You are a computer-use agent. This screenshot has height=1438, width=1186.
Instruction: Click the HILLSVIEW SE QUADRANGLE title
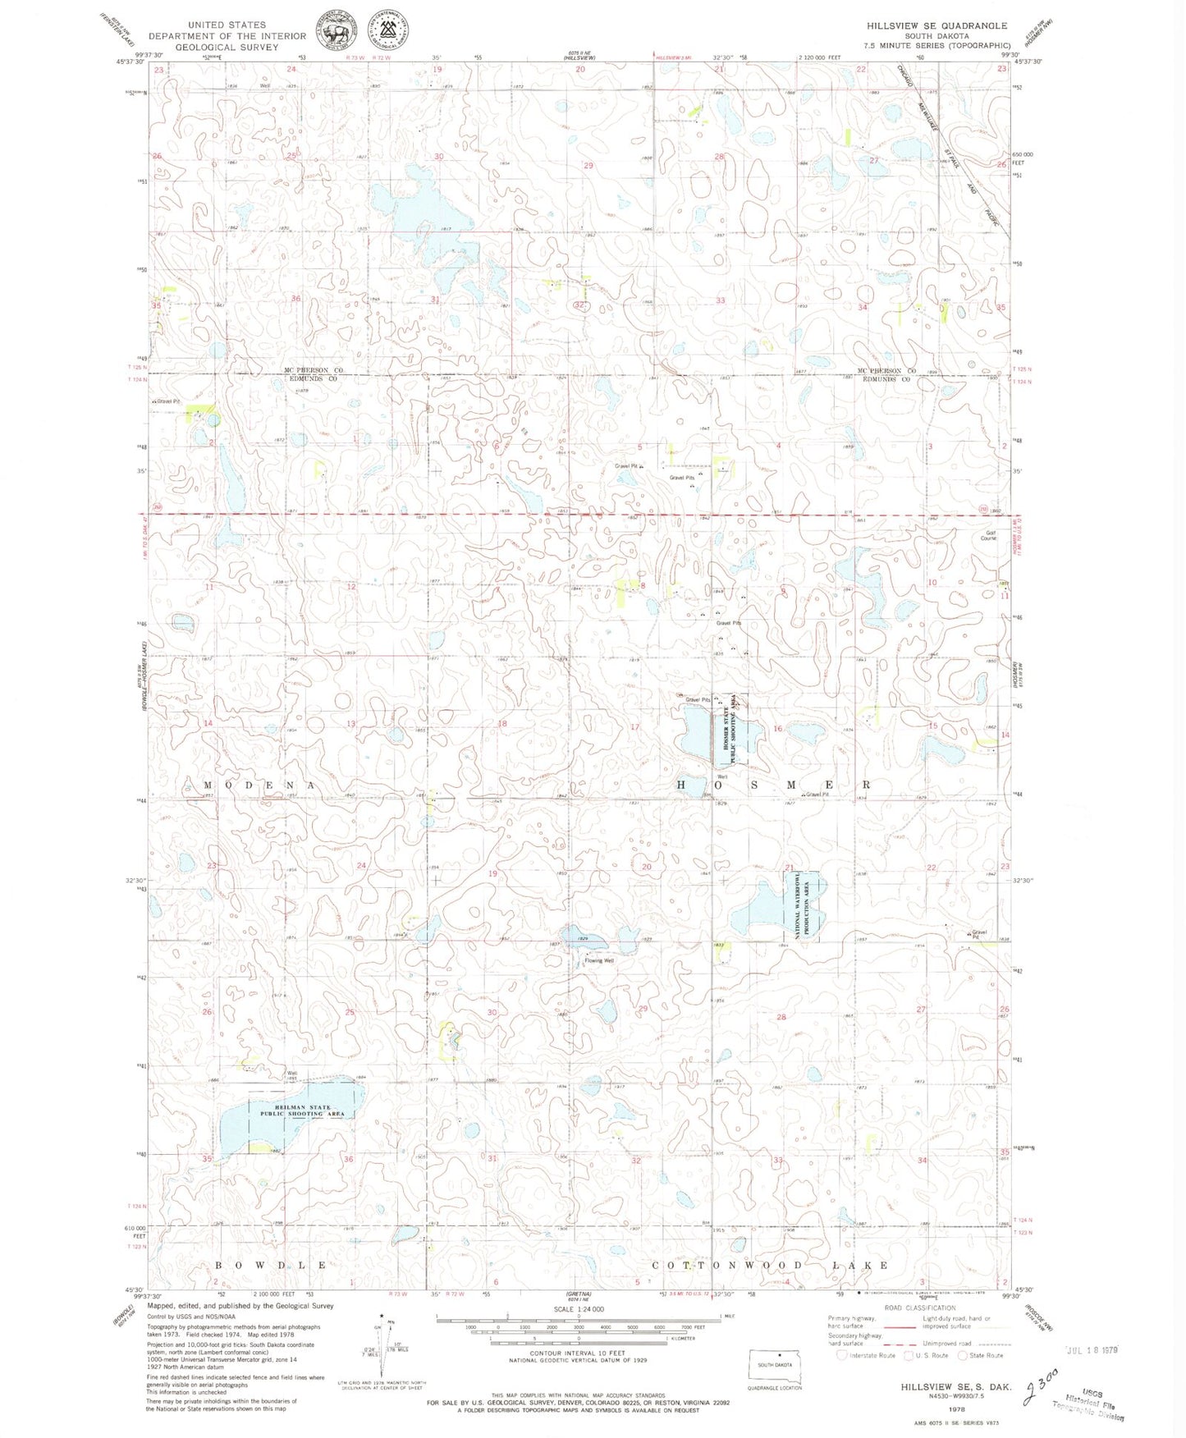click(936, 25)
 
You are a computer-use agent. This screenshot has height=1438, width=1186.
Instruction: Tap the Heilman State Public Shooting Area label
click(307, 1111)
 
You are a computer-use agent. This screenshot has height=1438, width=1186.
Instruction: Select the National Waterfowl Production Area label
click(805, 905)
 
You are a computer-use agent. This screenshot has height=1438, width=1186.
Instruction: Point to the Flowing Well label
click(598, 960)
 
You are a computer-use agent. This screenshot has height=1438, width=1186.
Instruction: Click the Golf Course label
click(987, 535)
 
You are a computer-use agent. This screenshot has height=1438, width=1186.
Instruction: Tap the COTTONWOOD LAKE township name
click(770, 1265)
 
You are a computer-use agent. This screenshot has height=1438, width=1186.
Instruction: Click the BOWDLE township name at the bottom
click(271, 1265)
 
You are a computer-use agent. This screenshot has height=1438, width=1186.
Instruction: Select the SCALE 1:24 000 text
click(579, 1308)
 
